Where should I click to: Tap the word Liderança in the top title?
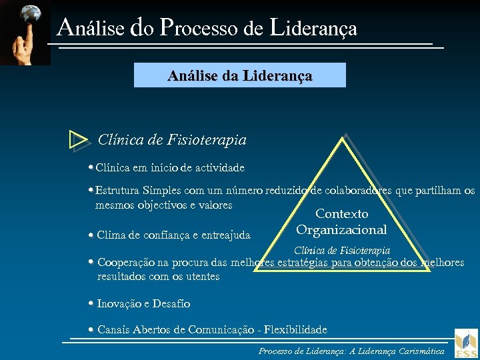(x=314, y=28)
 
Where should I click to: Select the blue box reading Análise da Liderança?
(x=240, y=75)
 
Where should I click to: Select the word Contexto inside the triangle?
(x=341, y=214)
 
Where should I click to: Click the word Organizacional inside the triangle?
(x=341, y=230)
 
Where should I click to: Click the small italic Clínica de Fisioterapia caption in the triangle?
(x=342, y=251)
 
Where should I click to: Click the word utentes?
(x=202, y=276)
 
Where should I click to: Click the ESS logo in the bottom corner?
(x=466, y=343)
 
